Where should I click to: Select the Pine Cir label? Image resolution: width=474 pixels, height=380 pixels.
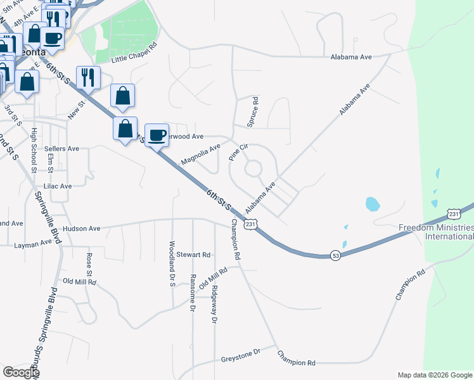237,152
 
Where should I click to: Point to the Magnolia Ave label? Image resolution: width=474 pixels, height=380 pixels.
200,154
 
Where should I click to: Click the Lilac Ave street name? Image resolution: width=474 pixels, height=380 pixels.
58,186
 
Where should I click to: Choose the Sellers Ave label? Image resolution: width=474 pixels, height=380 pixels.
61,149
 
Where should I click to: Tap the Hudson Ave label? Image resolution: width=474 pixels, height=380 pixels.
82,229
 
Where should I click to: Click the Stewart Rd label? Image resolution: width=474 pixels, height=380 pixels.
193,255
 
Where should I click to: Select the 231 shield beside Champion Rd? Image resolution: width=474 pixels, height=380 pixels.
252,224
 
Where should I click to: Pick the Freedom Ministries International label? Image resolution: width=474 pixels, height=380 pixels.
436,232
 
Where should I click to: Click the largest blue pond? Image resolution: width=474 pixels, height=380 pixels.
372,204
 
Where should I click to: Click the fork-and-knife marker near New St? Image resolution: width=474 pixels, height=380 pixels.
88,77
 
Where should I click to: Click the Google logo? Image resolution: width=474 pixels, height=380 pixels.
20,372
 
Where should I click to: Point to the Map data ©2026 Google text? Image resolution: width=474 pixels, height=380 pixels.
434,375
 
